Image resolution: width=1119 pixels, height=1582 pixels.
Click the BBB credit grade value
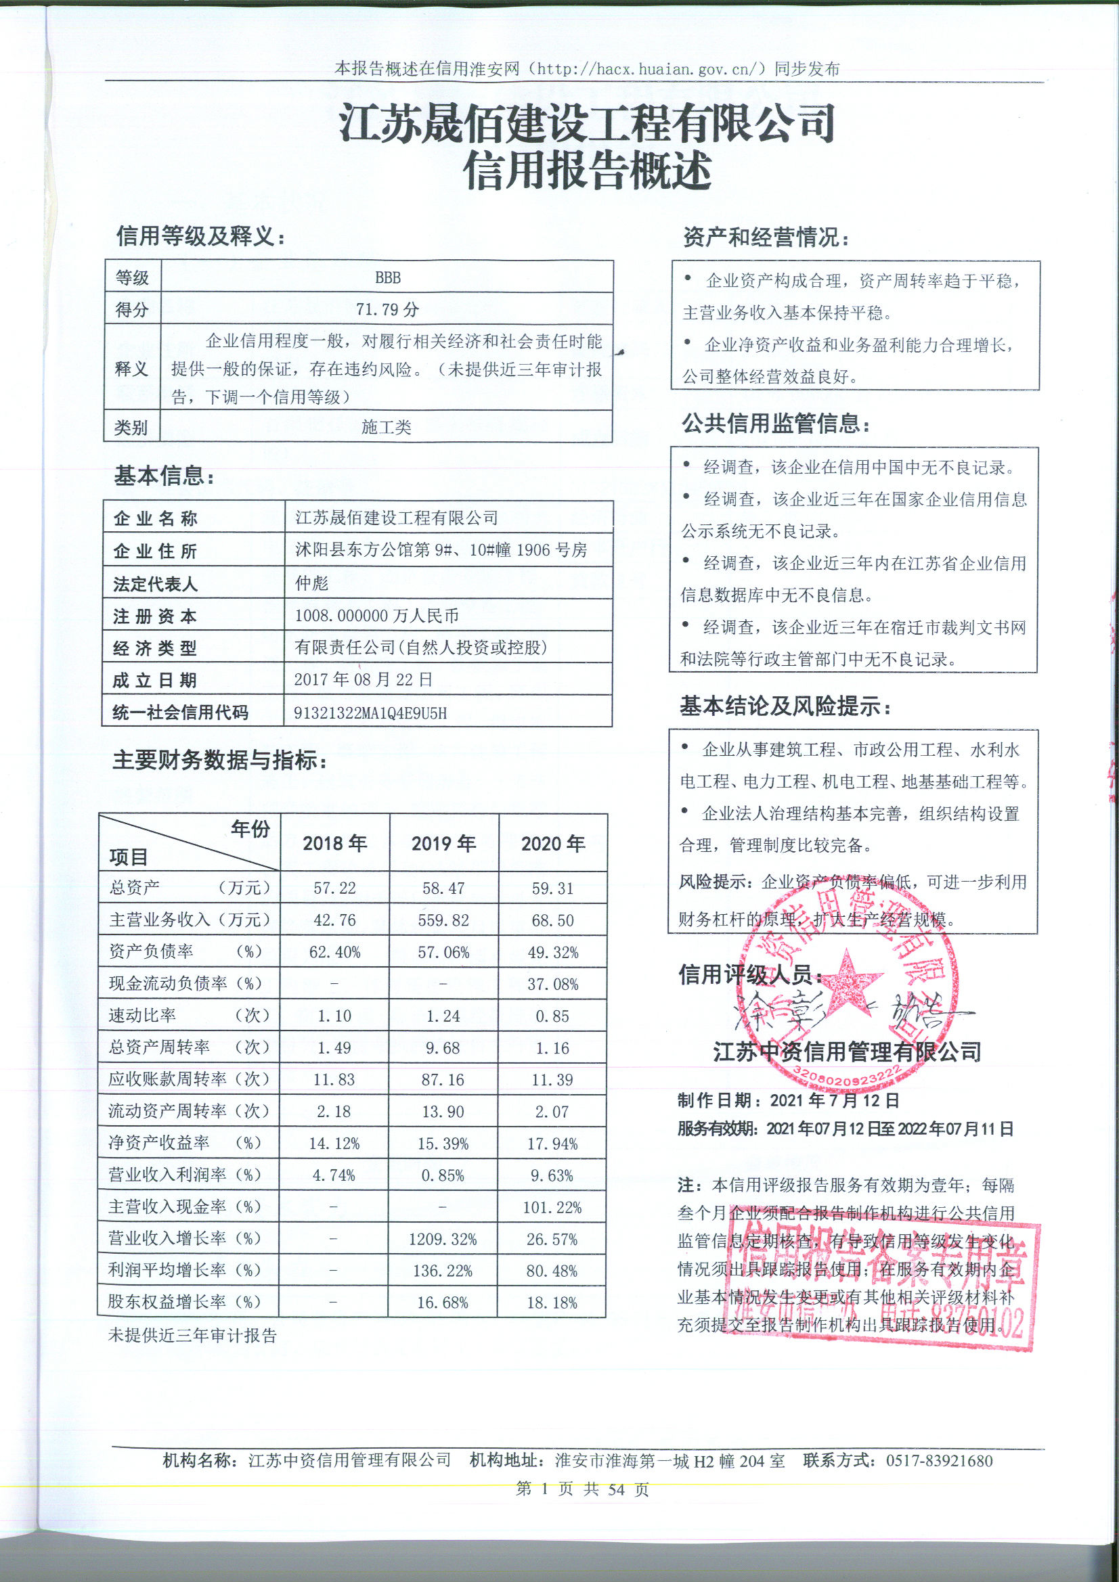(x=387, y=277)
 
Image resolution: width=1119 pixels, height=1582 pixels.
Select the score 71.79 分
(x=387, y=309)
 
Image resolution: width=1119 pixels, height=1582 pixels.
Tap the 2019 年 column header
(x=443, y=843)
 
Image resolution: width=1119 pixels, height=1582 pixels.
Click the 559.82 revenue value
(x=443, y=920)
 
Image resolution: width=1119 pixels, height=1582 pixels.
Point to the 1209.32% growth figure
(x=443, y=1240)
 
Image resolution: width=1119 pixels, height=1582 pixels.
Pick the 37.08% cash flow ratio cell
(x=552, y=984)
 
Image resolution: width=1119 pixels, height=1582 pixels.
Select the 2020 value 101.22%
(x=552, y=1207)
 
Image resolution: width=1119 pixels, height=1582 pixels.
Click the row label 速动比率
(x=142, y=1016)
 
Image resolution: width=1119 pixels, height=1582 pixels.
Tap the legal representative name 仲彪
(x=311, y=583)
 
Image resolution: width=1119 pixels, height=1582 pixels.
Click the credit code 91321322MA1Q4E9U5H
(x=370, y=713)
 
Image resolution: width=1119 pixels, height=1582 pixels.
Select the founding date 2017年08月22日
(x=364, y=680)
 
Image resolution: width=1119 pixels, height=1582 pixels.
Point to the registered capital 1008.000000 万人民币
(x=376, y=616)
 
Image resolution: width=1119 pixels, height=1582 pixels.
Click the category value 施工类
(x=386, y=427)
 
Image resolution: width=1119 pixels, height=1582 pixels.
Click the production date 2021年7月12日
(x=835, y=1100)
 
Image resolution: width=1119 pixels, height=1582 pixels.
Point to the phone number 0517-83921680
(x=939, y=1460)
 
